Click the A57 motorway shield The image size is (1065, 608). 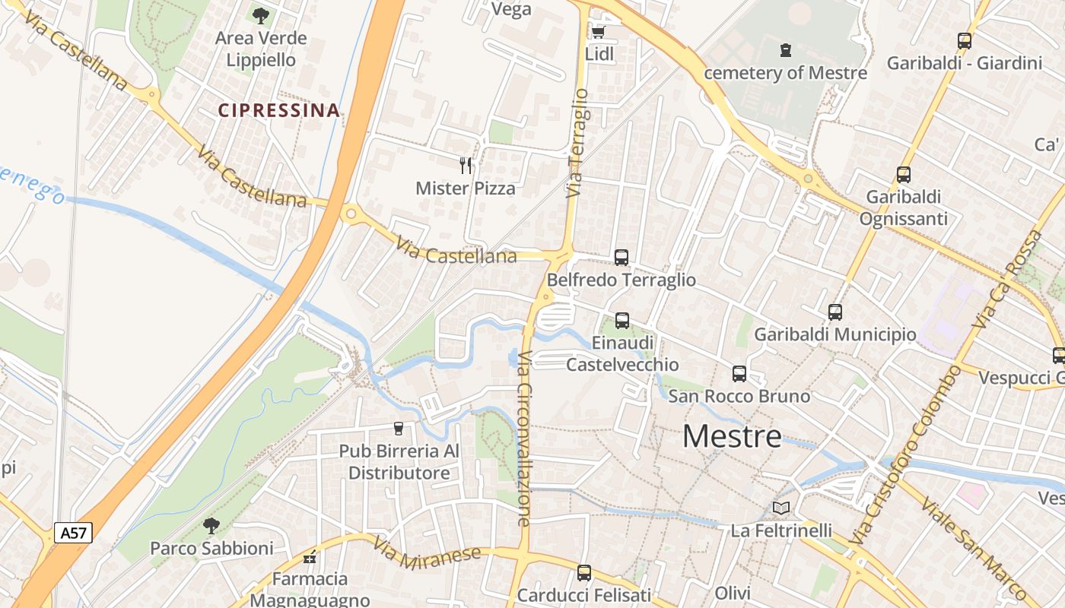click(74, 533)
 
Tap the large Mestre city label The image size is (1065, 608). click(732, 436)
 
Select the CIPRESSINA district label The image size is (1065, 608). click(278, 110)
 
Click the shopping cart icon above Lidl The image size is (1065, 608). click(598, 32)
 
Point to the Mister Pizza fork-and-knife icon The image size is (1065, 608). click(466, 165)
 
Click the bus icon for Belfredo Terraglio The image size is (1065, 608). click(622, 258)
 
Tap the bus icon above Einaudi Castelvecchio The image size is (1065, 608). click(622, 321)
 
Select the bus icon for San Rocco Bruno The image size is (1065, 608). click(739, 374)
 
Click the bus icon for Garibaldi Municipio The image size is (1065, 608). click(835, 312)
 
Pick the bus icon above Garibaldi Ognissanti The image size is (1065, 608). click(904, 175)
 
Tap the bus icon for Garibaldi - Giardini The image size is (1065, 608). click(965, 41)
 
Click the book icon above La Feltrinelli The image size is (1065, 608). click(781, 508)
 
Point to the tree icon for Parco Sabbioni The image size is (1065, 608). click(211, 525)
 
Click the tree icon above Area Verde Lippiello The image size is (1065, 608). click(260, 15)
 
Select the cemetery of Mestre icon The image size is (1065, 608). click(785, 51)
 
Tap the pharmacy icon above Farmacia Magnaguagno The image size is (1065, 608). click(310, 557)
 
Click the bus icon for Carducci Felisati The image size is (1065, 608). click(584, 572)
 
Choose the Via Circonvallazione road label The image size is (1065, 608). click(524, 439)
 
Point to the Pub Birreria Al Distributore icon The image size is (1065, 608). click(398, 429)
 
